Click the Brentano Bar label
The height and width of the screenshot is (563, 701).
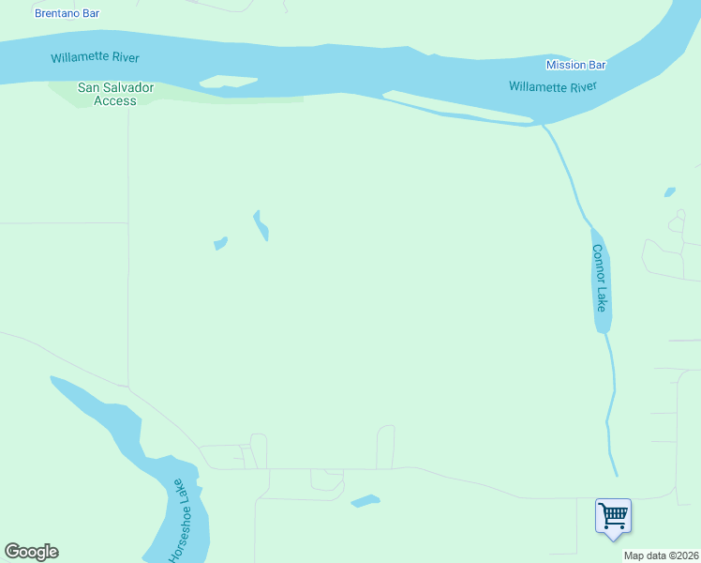pos(67,13)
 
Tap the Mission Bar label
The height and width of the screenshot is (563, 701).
pos(576,65)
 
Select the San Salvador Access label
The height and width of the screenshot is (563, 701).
pos(115,94)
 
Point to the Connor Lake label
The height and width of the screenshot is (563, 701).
pos(599,279)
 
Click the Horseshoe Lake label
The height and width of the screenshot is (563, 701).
pos(178,521)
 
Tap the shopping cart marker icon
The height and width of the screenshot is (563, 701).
pos(613,515)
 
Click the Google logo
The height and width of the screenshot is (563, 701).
pos(31,552)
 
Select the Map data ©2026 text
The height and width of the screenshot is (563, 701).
pos(661,555)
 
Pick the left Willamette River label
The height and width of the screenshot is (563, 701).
pos(95,57)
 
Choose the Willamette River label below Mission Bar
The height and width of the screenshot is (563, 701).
pos(553,86)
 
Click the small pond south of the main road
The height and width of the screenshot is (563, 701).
pos(365,501)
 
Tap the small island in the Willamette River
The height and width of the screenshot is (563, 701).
pos(228,82)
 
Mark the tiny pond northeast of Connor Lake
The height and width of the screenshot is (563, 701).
pos(669,192)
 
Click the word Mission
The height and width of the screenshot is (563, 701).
pos(566,65)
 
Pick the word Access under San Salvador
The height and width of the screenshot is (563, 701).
pos(115,100)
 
